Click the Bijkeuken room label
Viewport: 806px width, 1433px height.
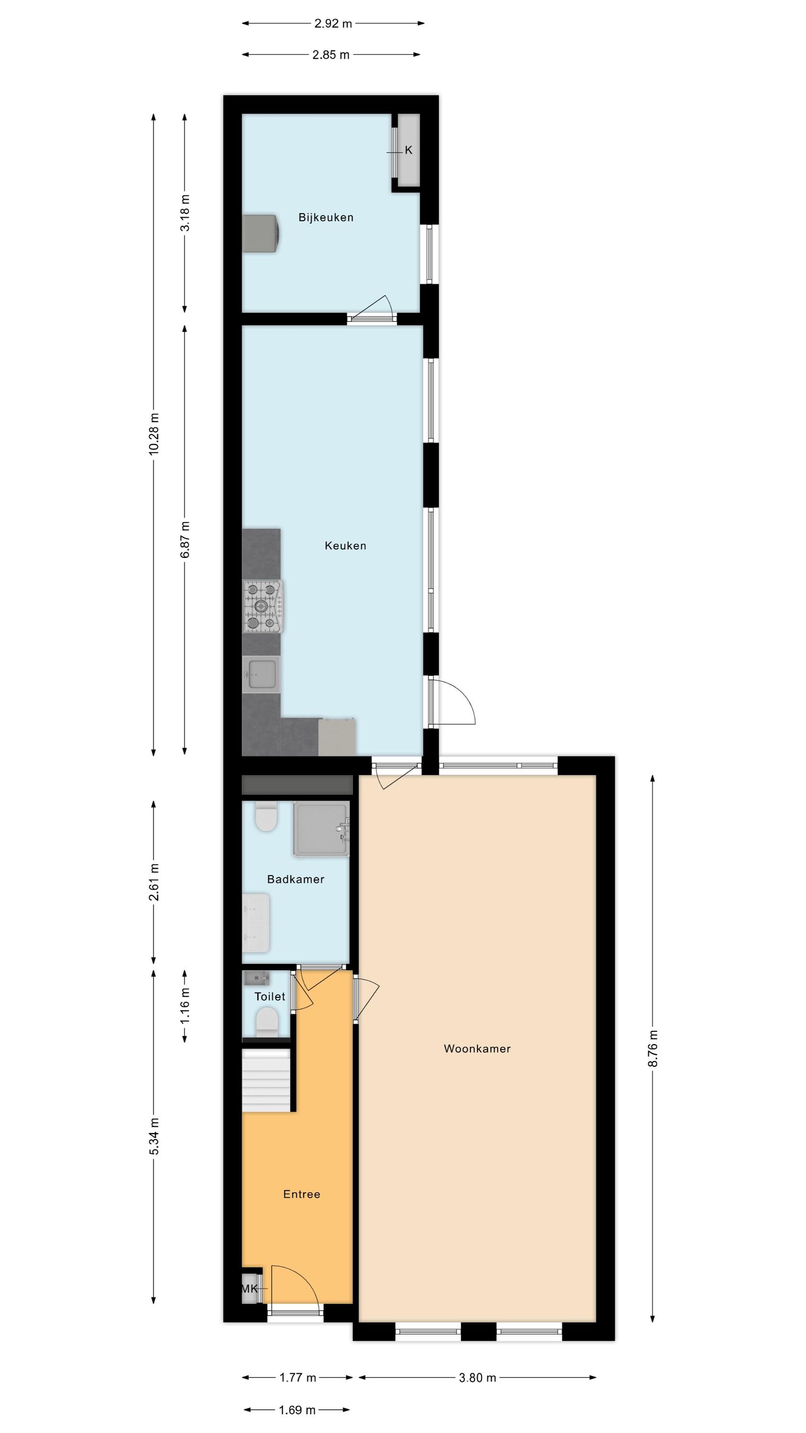point(326,217)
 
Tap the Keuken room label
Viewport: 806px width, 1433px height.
point(345,545)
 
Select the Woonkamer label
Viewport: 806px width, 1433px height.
point(477,1048)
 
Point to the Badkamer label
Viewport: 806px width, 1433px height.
point(296,879)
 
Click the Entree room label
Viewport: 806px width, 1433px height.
point(301,1194)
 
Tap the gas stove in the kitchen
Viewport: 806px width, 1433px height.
point(263,606)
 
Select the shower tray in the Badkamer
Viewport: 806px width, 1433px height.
point(321,828)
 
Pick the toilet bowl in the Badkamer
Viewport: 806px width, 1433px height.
point(266,816)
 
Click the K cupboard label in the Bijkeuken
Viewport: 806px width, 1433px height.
point(409,150)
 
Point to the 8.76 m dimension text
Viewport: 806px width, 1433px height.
point(653,1048)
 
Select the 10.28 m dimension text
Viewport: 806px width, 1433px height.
point(154,434)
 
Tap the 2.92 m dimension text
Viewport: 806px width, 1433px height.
point(333,23)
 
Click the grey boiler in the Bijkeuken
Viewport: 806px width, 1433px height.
point(260,234)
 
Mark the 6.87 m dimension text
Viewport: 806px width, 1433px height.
point(185,540)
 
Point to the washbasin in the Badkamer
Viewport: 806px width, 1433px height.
point(256,923)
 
